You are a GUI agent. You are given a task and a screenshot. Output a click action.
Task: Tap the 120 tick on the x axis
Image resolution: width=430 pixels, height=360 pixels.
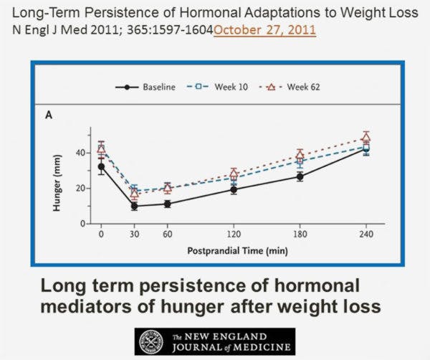[x=234, y=234]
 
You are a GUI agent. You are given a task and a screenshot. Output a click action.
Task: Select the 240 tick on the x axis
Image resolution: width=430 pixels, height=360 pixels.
[x=366, y=234]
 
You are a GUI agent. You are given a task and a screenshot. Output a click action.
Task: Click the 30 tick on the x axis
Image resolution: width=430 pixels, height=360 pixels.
[x=134, y=234]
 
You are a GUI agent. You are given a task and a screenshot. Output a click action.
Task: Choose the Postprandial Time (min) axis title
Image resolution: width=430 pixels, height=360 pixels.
[x=234, y=251]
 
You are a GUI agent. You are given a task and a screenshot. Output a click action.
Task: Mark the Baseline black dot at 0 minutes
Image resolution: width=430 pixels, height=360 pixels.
[x=101, y=166]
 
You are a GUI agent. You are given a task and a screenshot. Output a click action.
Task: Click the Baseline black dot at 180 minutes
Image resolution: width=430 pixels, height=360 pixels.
[x=300, y=176]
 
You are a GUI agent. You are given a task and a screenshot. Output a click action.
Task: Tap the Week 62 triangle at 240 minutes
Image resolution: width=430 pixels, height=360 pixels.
[x=366, y=136]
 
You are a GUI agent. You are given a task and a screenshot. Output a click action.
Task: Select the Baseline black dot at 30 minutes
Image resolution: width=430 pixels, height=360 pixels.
[x=134, y=206]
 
